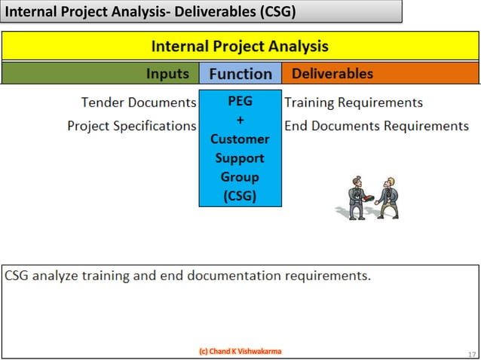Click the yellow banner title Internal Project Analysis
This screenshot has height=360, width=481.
coord(240,46)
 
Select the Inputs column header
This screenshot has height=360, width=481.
coord(167,74)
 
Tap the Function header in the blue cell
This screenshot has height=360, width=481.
coord(240,74)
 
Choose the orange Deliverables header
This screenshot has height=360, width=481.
coord(332,74)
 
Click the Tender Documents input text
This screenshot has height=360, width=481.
coord(138,102)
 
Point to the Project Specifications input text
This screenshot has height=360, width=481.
coord(132,126)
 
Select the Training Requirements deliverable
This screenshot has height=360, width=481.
coord(353,102)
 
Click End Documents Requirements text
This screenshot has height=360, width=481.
coord(376,126)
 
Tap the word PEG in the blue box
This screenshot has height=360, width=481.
coord(240,102)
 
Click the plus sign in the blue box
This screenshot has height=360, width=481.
coord(240,121)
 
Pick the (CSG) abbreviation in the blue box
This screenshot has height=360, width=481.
coord(240,196)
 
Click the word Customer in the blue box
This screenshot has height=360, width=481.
coord(240,139)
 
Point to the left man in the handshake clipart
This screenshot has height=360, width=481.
coord(356,197)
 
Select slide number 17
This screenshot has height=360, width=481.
coord(471,353)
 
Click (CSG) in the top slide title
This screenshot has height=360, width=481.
coord(269,12)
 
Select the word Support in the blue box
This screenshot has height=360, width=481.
coord(240,158)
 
